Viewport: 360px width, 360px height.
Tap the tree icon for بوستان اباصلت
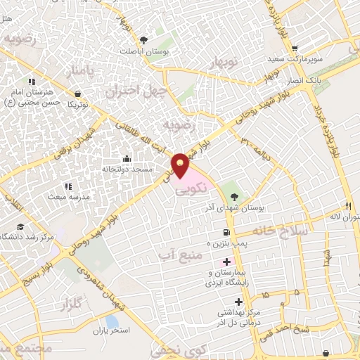[x=144, y=40]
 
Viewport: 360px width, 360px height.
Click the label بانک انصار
[x=307, y=82]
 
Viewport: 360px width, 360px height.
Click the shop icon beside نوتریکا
[x=77, y=93]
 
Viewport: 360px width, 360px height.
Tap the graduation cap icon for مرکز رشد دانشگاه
[x=21, y=226]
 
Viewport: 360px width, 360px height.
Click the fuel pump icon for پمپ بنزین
[x=225, y=233]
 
